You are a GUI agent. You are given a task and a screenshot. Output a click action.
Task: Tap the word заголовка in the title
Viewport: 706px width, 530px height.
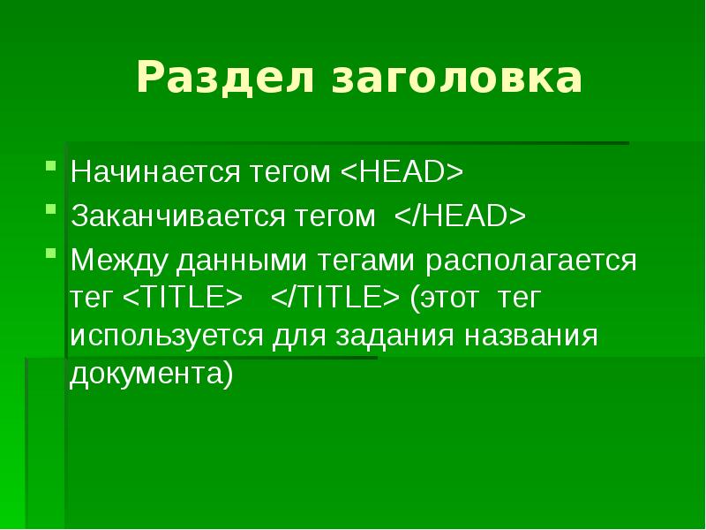(457, 79)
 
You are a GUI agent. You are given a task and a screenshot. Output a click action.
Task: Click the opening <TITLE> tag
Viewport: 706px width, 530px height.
(183, 299)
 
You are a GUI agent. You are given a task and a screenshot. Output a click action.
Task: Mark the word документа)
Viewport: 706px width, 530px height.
(152, 374)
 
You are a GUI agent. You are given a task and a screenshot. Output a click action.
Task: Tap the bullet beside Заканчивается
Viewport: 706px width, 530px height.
(53, 208)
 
